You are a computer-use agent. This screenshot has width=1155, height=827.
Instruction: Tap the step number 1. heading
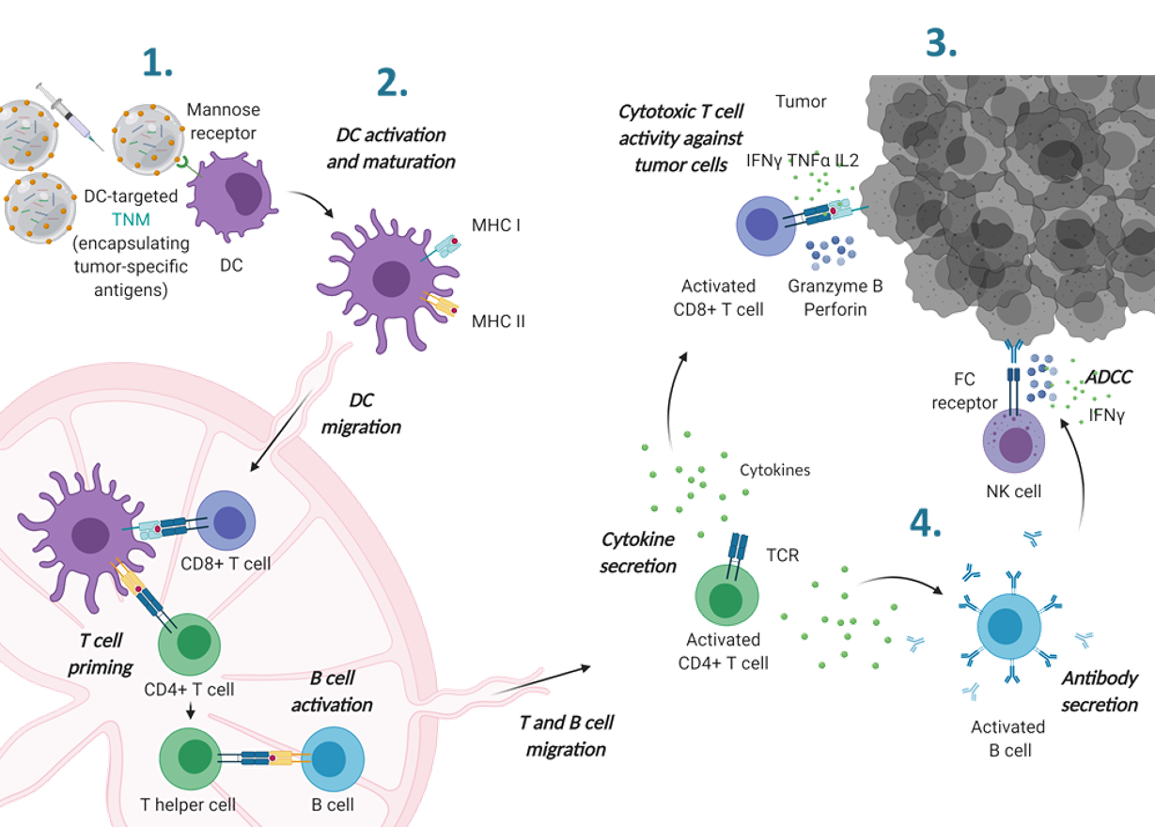(x=157, y=63)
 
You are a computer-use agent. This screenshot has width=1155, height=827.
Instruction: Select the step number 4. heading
(x=925, y=523)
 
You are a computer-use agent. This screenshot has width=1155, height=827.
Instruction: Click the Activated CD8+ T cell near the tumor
(x=768, y=227)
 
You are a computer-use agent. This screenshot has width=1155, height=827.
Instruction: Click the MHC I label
(x=497, y=226)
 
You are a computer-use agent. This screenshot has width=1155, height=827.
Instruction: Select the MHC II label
(x=498, y=321)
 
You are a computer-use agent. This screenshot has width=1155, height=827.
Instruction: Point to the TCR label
(x=782, y=555)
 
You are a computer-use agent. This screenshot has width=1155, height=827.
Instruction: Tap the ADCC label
(x=1109, y=377)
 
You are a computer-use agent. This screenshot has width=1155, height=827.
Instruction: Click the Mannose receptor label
(x=223, y=120)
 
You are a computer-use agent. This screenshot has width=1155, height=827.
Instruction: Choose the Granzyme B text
(x=837, y=286)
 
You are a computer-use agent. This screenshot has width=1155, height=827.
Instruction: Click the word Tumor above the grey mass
(x=800, y=101)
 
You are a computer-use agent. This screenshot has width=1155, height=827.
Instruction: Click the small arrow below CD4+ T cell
(x=192, y=713)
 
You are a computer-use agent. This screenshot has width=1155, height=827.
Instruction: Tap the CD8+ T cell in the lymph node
(x=225, y=521)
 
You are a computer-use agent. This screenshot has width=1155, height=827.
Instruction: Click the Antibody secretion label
(x=1100, y=691)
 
